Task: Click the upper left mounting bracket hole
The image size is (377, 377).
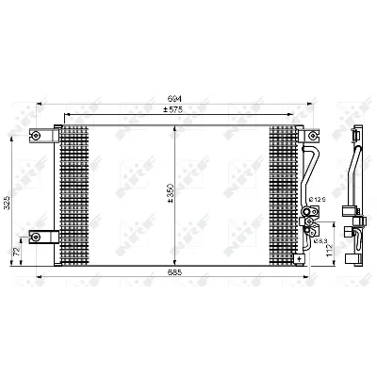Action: (38, 135)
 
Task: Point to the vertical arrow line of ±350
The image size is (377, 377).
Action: (175, 170)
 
